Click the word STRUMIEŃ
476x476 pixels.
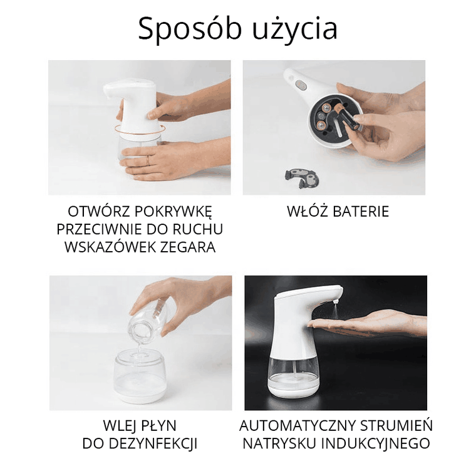[x=391, y=426]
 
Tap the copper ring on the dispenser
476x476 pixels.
[x=139, y=129]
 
